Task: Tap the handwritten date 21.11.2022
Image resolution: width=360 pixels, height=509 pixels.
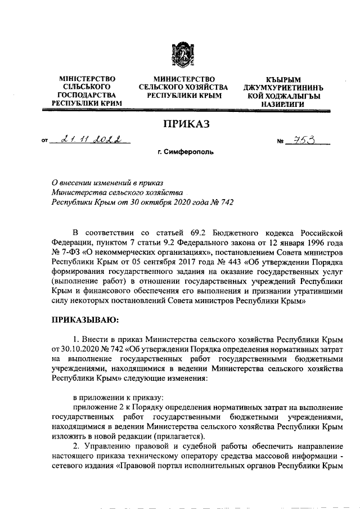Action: coord(89,139)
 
